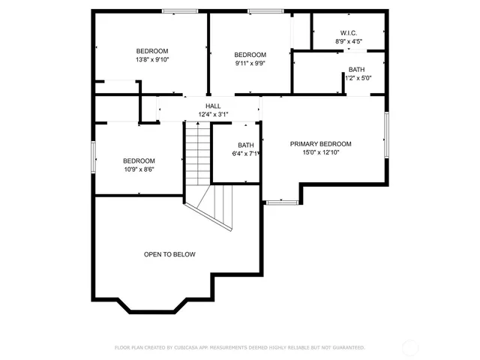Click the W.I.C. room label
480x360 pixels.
point(348,32)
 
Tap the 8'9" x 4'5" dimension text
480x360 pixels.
point(348,42)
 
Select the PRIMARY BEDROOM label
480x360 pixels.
point(320,143)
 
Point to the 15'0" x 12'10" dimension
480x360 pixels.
point(320,152)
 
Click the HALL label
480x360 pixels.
point(213,106)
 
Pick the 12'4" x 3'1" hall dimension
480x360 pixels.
point(213,115)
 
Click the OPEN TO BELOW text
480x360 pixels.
point(169,254)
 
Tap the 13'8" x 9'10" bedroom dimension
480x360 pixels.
point(152,59)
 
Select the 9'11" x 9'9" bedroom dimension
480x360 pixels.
point(250,63)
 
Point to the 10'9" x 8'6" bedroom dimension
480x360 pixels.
point(139,169)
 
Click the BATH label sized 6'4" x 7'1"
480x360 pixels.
point(246,145)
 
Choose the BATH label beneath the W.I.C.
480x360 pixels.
point(356,69)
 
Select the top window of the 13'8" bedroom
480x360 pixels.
point(180,11)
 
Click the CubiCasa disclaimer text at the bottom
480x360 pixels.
point(239,347)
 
